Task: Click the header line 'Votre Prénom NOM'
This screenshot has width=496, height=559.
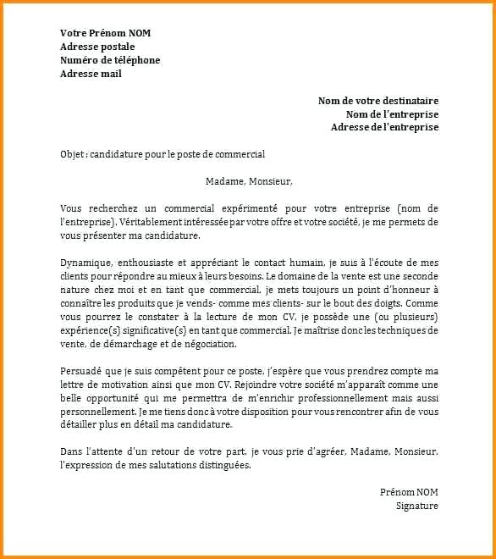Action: click(106, 33)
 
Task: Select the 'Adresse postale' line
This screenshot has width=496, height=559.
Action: click(97, 47)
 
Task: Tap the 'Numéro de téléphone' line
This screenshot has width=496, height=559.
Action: click(110, 60)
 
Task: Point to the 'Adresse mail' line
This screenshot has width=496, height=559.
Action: click(91, 74)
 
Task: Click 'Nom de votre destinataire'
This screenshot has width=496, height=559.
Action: click(378, 101)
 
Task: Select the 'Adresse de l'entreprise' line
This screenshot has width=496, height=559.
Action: click(384, 127)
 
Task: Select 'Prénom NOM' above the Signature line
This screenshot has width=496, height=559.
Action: click(409, 492)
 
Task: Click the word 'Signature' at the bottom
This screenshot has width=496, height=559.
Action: click(416, 506)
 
